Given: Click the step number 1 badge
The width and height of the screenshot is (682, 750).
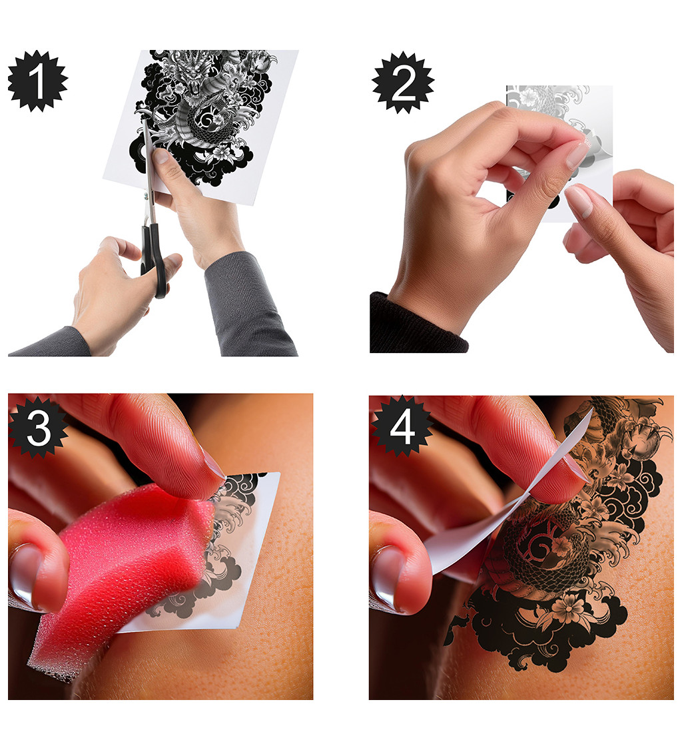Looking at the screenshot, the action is pos(38,81).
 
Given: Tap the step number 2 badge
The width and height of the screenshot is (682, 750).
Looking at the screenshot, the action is pos(403,83).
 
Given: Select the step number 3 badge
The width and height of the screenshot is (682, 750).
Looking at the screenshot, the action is pos(38,426).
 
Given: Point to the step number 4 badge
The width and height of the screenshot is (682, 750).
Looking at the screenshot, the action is pos(402,426).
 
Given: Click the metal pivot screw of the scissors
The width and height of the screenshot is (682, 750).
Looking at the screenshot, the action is pos(147,195).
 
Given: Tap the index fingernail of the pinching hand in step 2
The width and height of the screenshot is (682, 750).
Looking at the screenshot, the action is pos(578,153).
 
